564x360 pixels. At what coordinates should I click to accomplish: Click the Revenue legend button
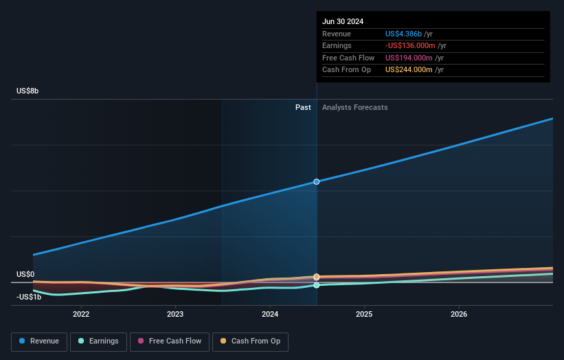pyautogui.click(x=40, y=341)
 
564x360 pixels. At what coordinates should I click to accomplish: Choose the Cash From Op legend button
pyautogui.click(x=250, y=341)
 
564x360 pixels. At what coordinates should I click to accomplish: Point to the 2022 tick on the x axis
pyautogui.click(x=81, y=314)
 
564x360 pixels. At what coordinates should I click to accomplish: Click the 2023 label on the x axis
pyautogui.click(x=175, y=314)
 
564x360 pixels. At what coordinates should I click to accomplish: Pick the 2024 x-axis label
pyautogui.click(x=270, y=314)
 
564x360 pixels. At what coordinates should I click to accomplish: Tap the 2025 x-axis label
pyautogui.click(x=364, y=314)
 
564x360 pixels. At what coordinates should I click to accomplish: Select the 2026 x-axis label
pyautogui.click(x=459, y=314)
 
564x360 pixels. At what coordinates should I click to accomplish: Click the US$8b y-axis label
pyautogui.click(x=27, y=91)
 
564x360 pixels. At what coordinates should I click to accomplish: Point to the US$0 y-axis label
pyautogui.click(x=25, y=274)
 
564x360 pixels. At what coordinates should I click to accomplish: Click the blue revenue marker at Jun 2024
pyautogui.click(x=317, y=182)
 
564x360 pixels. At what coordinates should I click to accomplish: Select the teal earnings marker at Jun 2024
pyautogui.click(x=317, y=285)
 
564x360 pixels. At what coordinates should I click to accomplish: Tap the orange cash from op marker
pyautogui.click(x=317, y=277)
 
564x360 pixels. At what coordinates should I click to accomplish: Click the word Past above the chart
pyautogui.click(x=303, y=107)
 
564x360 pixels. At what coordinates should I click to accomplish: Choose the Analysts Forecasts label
pyautogui.click(x=354, y=107)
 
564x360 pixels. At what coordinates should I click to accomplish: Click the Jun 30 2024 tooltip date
pyautogui.click(x=343, y=21)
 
